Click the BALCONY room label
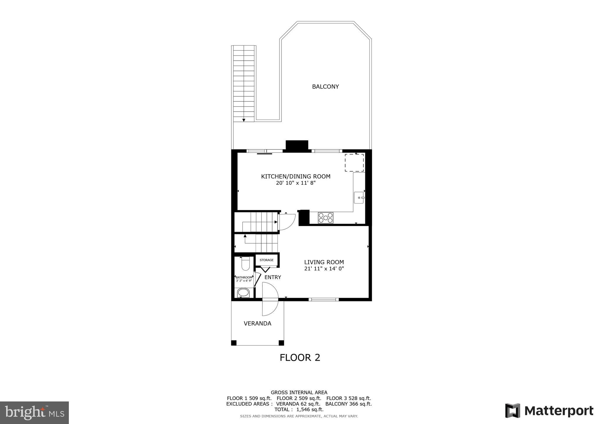coord(325,87)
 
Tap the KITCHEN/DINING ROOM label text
coord(296,177)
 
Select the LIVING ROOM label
coord(324,262)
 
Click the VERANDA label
coord(257,324)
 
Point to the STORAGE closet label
coord(266,260)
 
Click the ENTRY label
coord(272,277)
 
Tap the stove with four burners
coord(325,218)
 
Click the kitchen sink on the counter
coord(359,198)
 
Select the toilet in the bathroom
coord(245,264)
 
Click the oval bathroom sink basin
coord(243,293)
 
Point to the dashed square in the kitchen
coord(354,163)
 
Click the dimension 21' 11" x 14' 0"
coord(324,269)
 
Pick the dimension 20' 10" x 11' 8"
coord(296,183)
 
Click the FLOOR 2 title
coord(300,358)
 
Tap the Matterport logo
coord(549,411)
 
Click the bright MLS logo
coord(34,413)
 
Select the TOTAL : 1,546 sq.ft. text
coord(299,409)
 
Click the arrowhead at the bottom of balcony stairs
coord(244,120)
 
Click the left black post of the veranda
coord(234,343)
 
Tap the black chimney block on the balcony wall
coord(297,146)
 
